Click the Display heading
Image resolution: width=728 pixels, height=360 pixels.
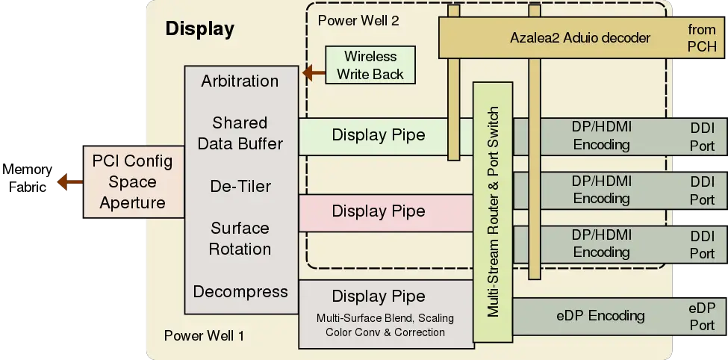tap(199, 30)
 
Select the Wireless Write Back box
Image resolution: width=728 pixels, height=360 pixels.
tap(370, 66)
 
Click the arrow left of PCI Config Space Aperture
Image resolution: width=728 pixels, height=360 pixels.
tap(68, 181)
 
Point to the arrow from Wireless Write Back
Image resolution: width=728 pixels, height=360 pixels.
tap(313, 73)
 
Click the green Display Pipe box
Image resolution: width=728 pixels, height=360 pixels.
tap(379, 135)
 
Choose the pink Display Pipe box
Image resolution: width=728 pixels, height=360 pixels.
tap(379, 211)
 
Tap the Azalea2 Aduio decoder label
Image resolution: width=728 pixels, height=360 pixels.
tap(581, 37)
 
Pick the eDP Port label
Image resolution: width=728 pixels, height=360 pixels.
tap(702, 316)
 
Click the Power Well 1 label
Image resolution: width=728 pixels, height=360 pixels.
tap(204, 335)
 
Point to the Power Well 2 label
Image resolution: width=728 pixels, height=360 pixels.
tap(358, 20)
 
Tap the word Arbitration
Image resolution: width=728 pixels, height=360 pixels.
tap(240, 81)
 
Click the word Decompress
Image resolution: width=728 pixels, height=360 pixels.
tap(240, 291)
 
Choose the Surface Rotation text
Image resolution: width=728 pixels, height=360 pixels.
tap(240, 238)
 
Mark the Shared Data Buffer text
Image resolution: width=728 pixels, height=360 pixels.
tap(240, 132)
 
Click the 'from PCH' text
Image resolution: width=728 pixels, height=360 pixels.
tap(702, 37)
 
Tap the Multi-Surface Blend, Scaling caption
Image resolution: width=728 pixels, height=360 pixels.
tap(385, 318)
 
